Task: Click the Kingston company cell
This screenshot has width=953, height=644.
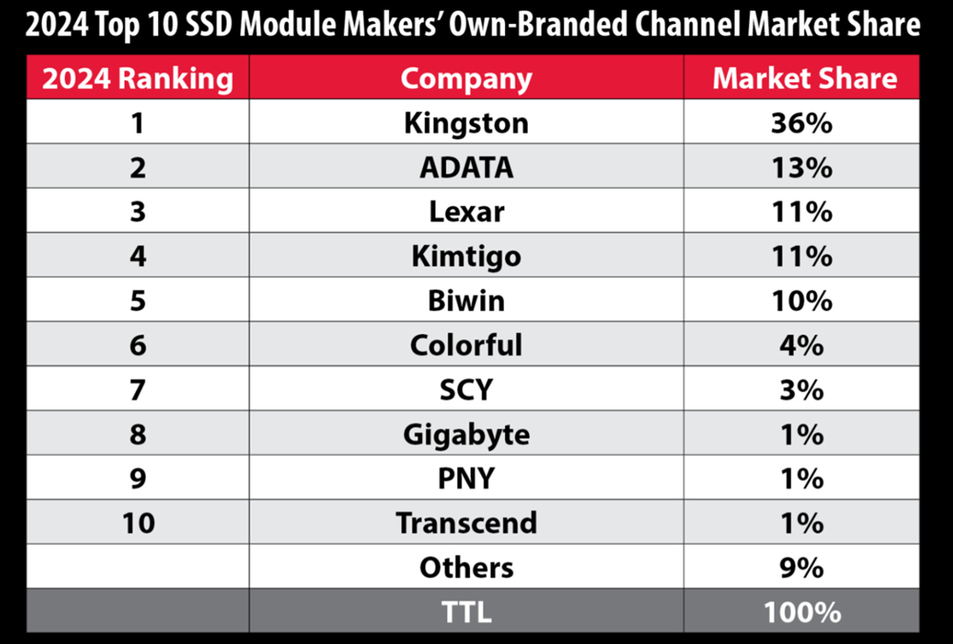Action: click(x=466, y=123)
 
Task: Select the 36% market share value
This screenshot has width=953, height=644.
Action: click(x=801, y=123)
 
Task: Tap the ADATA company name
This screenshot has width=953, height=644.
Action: click(x=466, y=167)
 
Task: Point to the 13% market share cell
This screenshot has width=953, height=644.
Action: click(x=801, y=167)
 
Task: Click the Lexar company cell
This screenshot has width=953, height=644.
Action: click(x=466, y=212)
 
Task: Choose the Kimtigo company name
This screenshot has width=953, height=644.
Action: click(x=466, y=256)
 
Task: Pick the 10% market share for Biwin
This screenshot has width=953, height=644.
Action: click(x=801, y=301)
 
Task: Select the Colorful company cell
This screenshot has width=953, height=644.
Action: click(x=466, y=344)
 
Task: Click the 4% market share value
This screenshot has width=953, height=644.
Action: click(x=801, y=344)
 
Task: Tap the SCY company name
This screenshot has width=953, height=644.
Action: click(x=466, y=389)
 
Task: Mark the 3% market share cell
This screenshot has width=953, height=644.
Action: click(x=801, y=389)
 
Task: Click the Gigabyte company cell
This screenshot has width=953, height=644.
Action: click(x=466, y=434)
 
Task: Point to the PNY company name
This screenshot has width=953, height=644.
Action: click(x=466, y=478)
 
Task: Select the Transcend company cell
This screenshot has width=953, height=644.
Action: click(x=466, y=523)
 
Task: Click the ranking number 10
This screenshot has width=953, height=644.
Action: click(x=138, y=523)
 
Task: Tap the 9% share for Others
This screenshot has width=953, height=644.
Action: click(x=801, y=568)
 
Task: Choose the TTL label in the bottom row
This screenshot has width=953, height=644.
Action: click(x=466, y=612)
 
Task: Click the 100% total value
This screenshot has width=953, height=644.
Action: click(x=801, y=612)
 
